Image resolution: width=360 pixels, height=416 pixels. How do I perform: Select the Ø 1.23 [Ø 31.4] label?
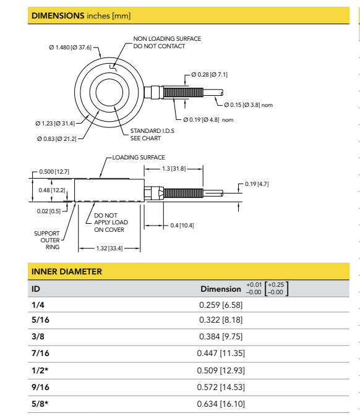[58, 123]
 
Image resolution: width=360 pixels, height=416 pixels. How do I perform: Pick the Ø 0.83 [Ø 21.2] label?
[58, 137]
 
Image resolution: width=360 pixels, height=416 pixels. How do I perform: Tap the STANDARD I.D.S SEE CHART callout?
[150, 135]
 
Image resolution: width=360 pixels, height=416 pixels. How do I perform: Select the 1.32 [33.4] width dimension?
[105, 248]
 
